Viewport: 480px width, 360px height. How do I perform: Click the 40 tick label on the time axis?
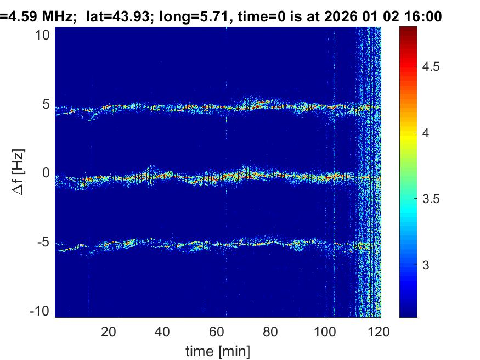tap(162, 331)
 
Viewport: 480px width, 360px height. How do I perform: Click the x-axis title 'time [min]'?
tap(218, 350)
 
